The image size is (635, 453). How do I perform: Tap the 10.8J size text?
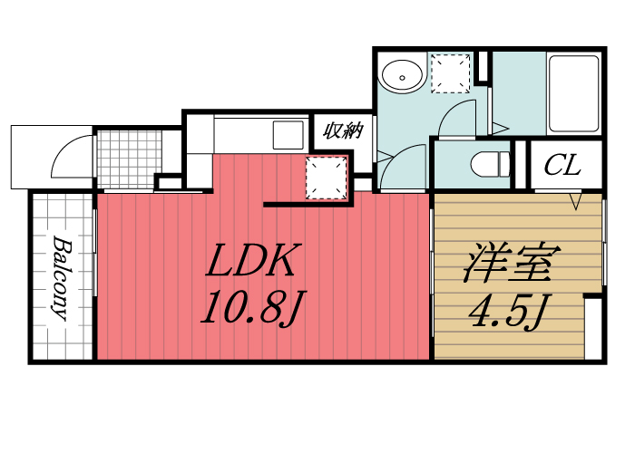(x=250, y=311)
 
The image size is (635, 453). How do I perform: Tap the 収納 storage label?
(x=342, y=130)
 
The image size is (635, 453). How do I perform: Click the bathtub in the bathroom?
(x=573, y=93)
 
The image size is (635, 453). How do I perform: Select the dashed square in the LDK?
(x=327, y=178)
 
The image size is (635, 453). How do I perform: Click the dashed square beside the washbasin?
(x=451, y=72)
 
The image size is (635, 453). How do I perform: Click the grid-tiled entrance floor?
(x=128, y=159)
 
